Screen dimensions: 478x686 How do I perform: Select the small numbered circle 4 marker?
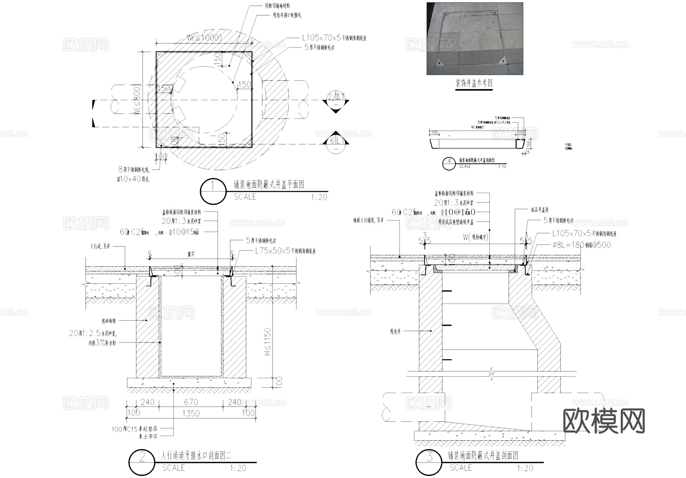point(449,163)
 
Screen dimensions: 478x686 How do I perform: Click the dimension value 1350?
point(191,413)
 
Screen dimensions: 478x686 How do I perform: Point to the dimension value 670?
point(191,402)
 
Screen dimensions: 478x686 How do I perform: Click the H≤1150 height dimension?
point(268,342)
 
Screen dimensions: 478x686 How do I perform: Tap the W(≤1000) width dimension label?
point(204,37)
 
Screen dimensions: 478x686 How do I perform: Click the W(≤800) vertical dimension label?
point(138,100)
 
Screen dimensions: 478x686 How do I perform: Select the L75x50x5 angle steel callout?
point(285,251)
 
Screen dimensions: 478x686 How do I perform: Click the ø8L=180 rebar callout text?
point(581,245)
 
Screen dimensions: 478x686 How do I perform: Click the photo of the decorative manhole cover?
point(474,38)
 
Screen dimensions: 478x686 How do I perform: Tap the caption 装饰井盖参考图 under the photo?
point(474,83)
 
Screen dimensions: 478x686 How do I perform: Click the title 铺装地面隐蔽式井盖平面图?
point(269,185)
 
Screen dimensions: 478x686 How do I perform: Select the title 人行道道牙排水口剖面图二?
point(196,455)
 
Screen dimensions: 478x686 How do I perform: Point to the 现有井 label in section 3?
point(395,331)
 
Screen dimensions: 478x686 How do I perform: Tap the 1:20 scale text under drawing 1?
point(319,197)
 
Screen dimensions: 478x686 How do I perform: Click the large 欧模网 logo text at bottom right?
point(604,421)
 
